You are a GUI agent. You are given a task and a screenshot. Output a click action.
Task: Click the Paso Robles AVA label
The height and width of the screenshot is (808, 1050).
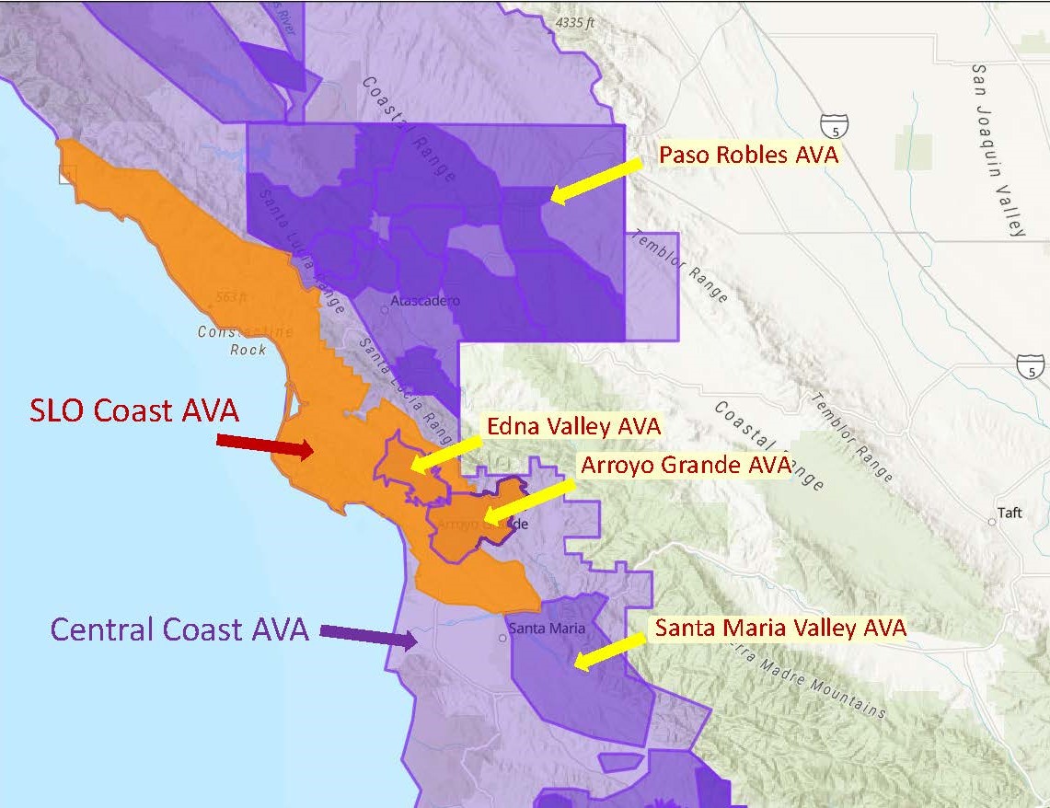pos(748,156)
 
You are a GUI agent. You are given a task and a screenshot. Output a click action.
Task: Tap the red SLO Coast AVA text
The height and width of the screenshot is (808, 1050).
pos(134,410)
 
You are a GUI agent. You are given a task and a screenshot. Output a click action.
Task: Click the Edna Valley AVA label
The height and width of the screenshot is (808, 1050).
pos(573,427)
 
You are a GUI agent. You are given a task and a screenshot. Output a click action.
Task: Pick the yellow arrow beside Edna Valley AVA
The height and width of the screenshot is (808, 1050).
pos(445,451)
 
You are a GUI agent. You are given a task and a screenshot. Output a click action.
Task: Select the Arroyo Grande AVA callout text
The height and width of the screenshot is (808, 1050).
pos(685,465)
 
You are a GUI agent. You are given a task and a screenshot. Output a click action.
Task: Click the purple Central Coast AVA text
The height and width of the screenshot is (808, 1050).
pos(179,629)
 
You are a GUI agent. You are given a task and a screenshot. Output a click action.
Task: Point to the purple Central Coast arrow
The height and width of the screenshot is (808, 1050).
pos(367,636)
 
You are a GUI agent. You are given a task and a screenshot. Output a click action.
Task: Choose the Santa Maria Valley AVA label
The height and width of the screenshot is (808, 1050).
pos(780,628)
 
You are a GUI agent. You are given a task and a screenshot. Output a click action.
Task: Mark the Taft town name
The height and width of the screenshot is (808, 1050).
pos(1010,513)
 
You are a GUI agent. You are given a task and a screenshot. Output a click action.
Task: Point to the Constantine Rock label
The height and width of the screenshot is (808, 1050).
pos(245,341)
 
